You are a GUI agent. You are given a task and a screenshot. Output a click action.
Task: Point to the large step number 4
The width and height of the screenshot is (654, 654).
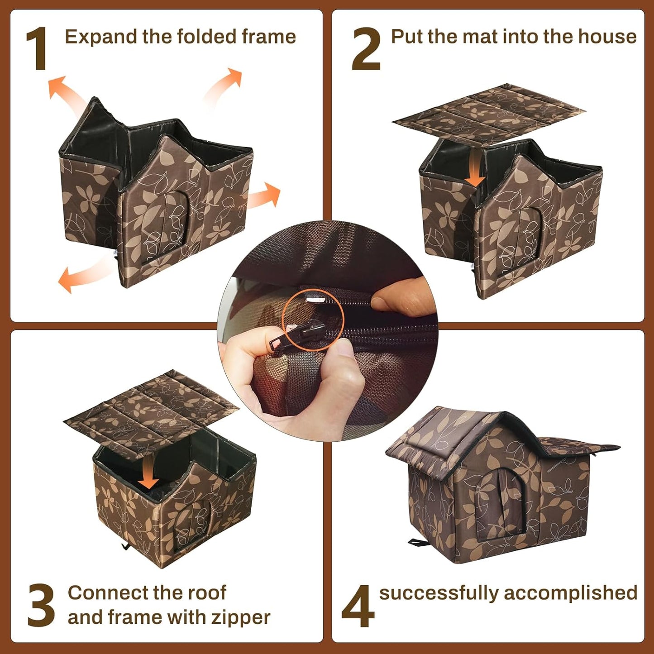click(x=358, y=606)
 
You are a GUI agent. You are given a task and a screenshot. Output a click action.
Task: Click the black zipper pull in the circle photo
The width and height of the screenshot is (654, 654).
click(x=290, y=337)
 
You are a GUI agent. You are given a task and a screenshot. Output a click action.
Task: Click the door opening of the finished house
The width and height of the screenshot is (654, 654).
click(x=500, y=502)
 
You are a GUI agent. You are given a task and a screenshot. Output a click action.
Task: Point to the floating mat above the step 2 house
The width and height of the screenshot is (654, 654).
click(x=489, y=113)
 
